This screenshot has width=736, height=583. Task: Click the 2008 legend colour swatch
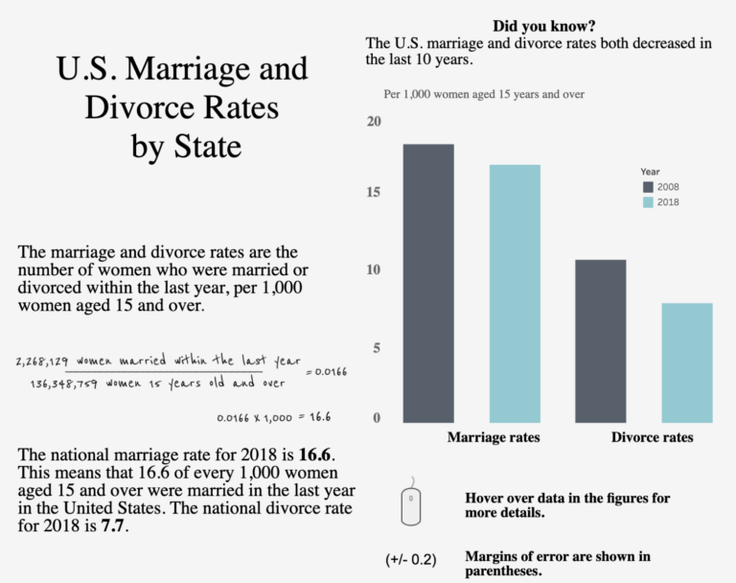648,187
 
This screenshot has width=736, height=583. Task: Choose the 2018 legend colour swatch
648,202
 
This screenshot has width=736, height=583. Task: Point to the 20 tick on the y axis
374,122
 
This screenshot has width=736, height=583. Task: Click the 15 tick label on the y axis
374,193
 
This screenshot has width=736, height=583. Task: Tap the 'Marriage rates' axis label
494,437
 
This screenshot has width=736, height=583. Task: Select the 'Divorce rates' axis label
652,437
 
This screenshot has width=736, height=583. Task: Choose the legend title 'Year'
651,172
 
